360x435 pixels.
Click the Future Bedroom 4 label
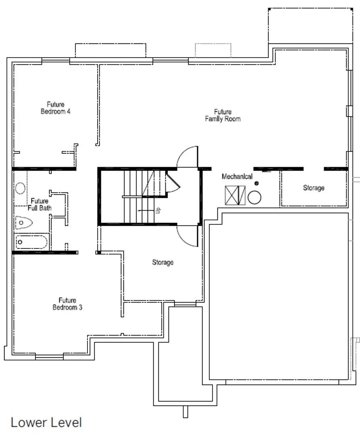[56, 108]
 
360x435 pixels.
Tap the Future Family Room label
[223, 115]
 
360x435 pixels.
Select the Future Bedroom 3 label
[67, 304]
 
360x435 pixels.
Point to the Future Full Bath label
[40, 204]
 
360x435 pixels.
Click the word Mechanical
[237, 176]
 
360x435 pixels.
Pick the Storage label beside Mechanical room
[314, 188]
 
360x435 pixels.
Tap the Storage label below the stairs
[162, 263]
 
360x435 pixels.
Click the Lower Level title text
[46, 423]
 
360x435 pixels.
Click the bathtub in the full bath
[31, 242]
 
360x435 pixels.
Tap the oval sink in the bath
[20, 188]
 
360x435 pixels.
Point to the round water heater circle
[254, 198]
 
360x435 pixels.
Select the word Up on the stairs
[158, 210]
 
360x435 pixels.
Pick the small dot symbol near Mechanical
[256, 183]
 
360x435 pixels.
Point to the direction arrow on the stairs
[144, 210]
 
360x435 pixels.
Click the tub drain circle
[20, 242]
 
